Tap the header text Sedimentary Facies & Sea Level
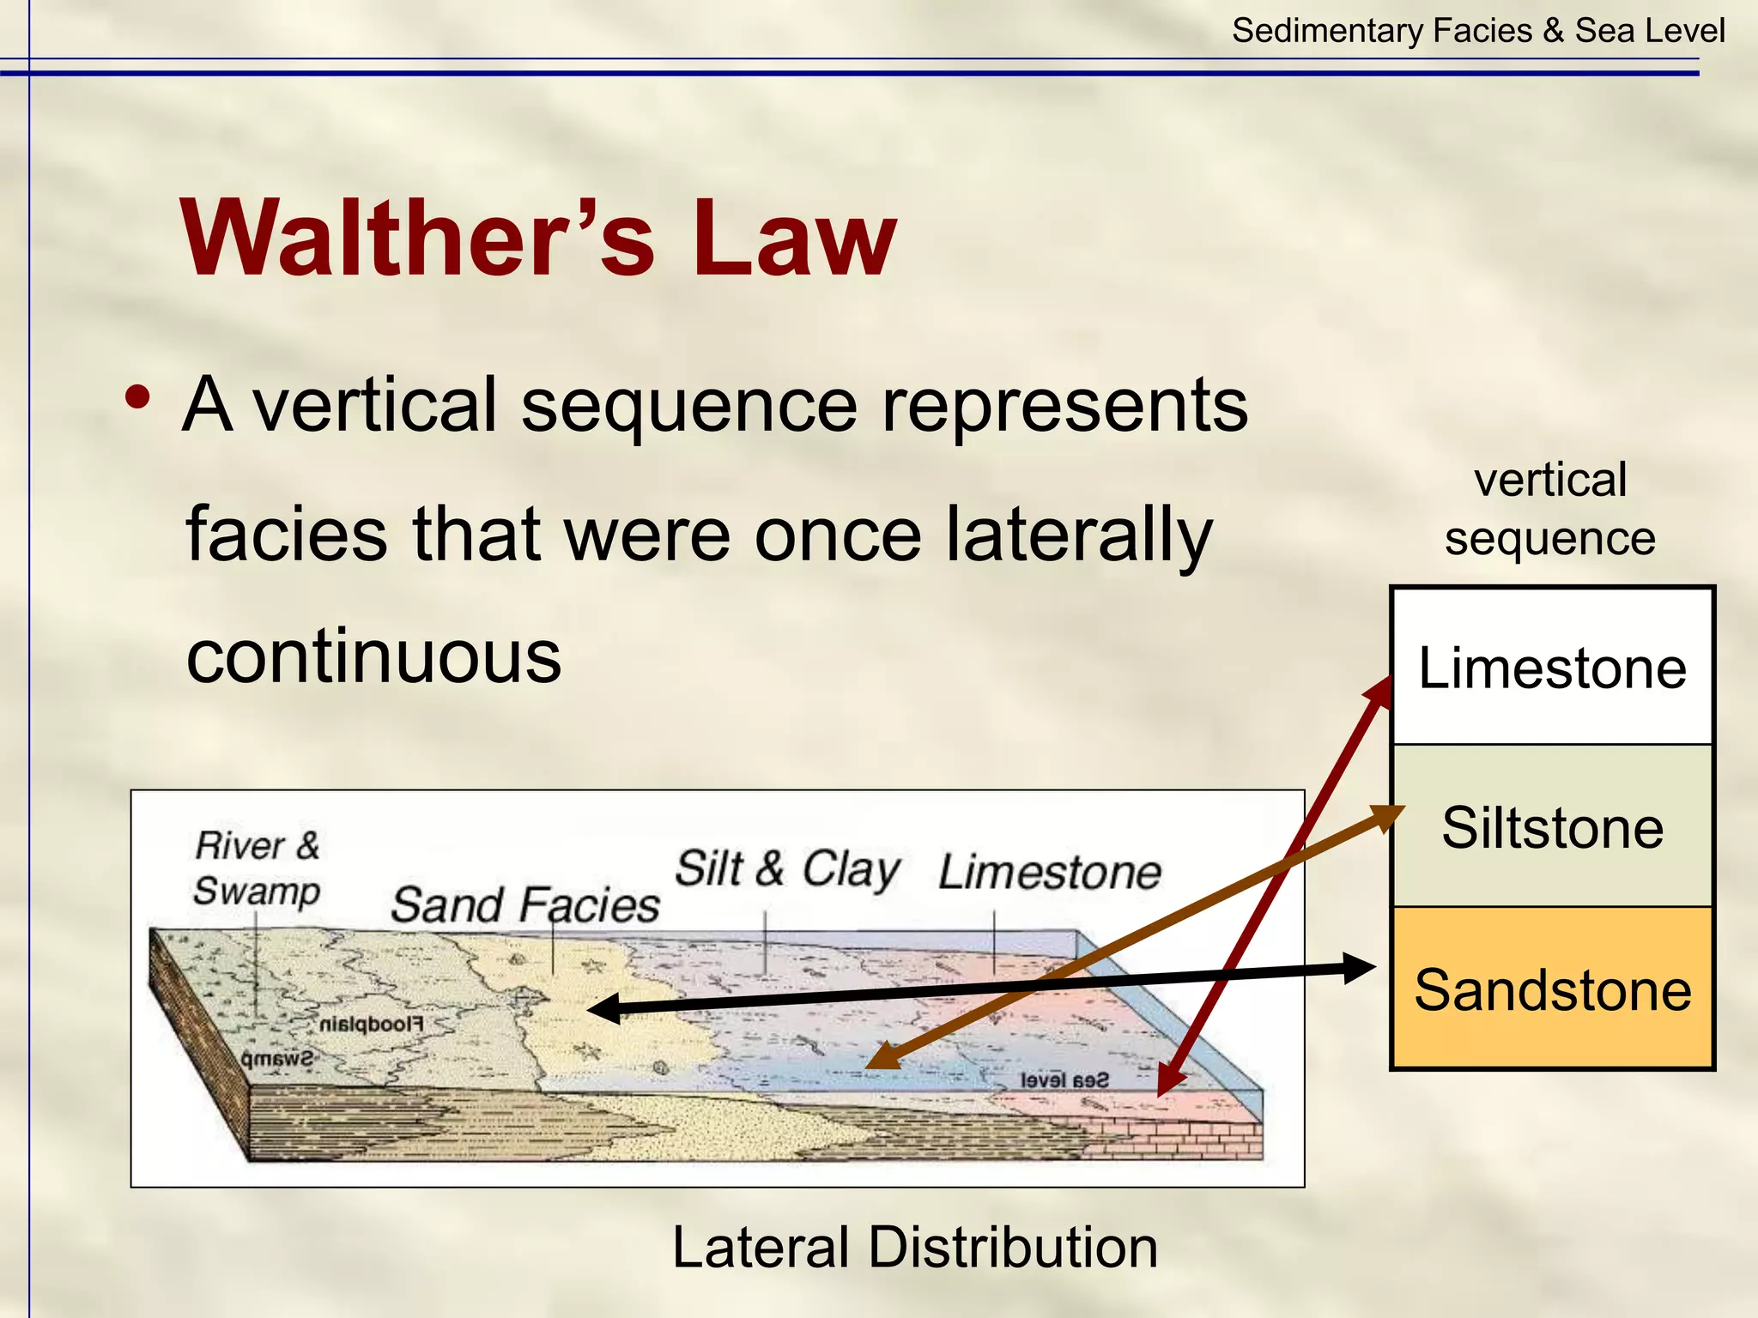[x=1477, y=31]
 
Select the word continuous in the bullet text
[x=373, y=656]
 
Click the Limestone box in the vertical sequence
[x=1552, y=668]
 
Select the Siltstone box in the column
[x=1552, y=826]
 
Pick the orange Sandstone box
[x=1552, y=989]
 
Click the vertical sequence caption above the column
[x=1550, y=509]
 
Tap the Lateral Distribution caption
[x=914, y=1247]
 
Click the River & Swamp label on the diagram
[x=257, y=868]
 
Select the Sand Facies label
[x=524, y=905]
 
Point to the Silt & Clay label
[x=787, y=868]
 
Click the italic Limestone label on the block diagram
[x=1049, y=873]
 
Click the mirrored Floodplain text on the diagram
[x=371, y=1025]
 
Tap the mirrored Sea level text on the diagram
[x=1064, y=1080]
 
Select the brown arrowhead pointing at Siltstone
[x=1386, y=816]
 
